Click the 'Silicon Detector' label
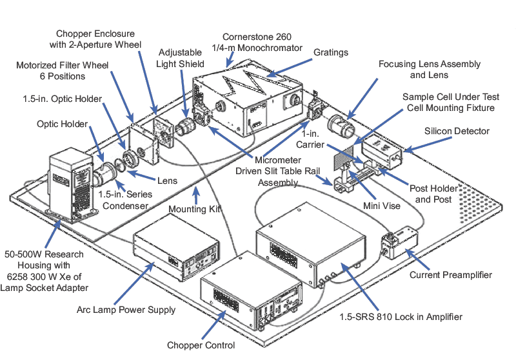pyautogui.click(x=457, y=131)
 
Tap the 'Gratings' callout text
pyautogui.click(x=332, y=52)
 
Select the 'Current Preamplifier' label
pyautogui.click(x=451, y=275)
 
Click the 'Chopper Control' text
pyautogui.click(x=201, y=345)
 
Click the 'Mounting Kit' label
pyautogui.click(x=191, y=209)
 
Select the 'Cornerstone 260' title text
pyautogui.click(x=255, y=36)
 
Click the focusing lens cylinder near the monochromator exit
pyautogui.click(x=340, y=123)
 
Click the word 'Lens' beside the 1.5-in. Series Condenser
pyautogui.click(x=166, y=181)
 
